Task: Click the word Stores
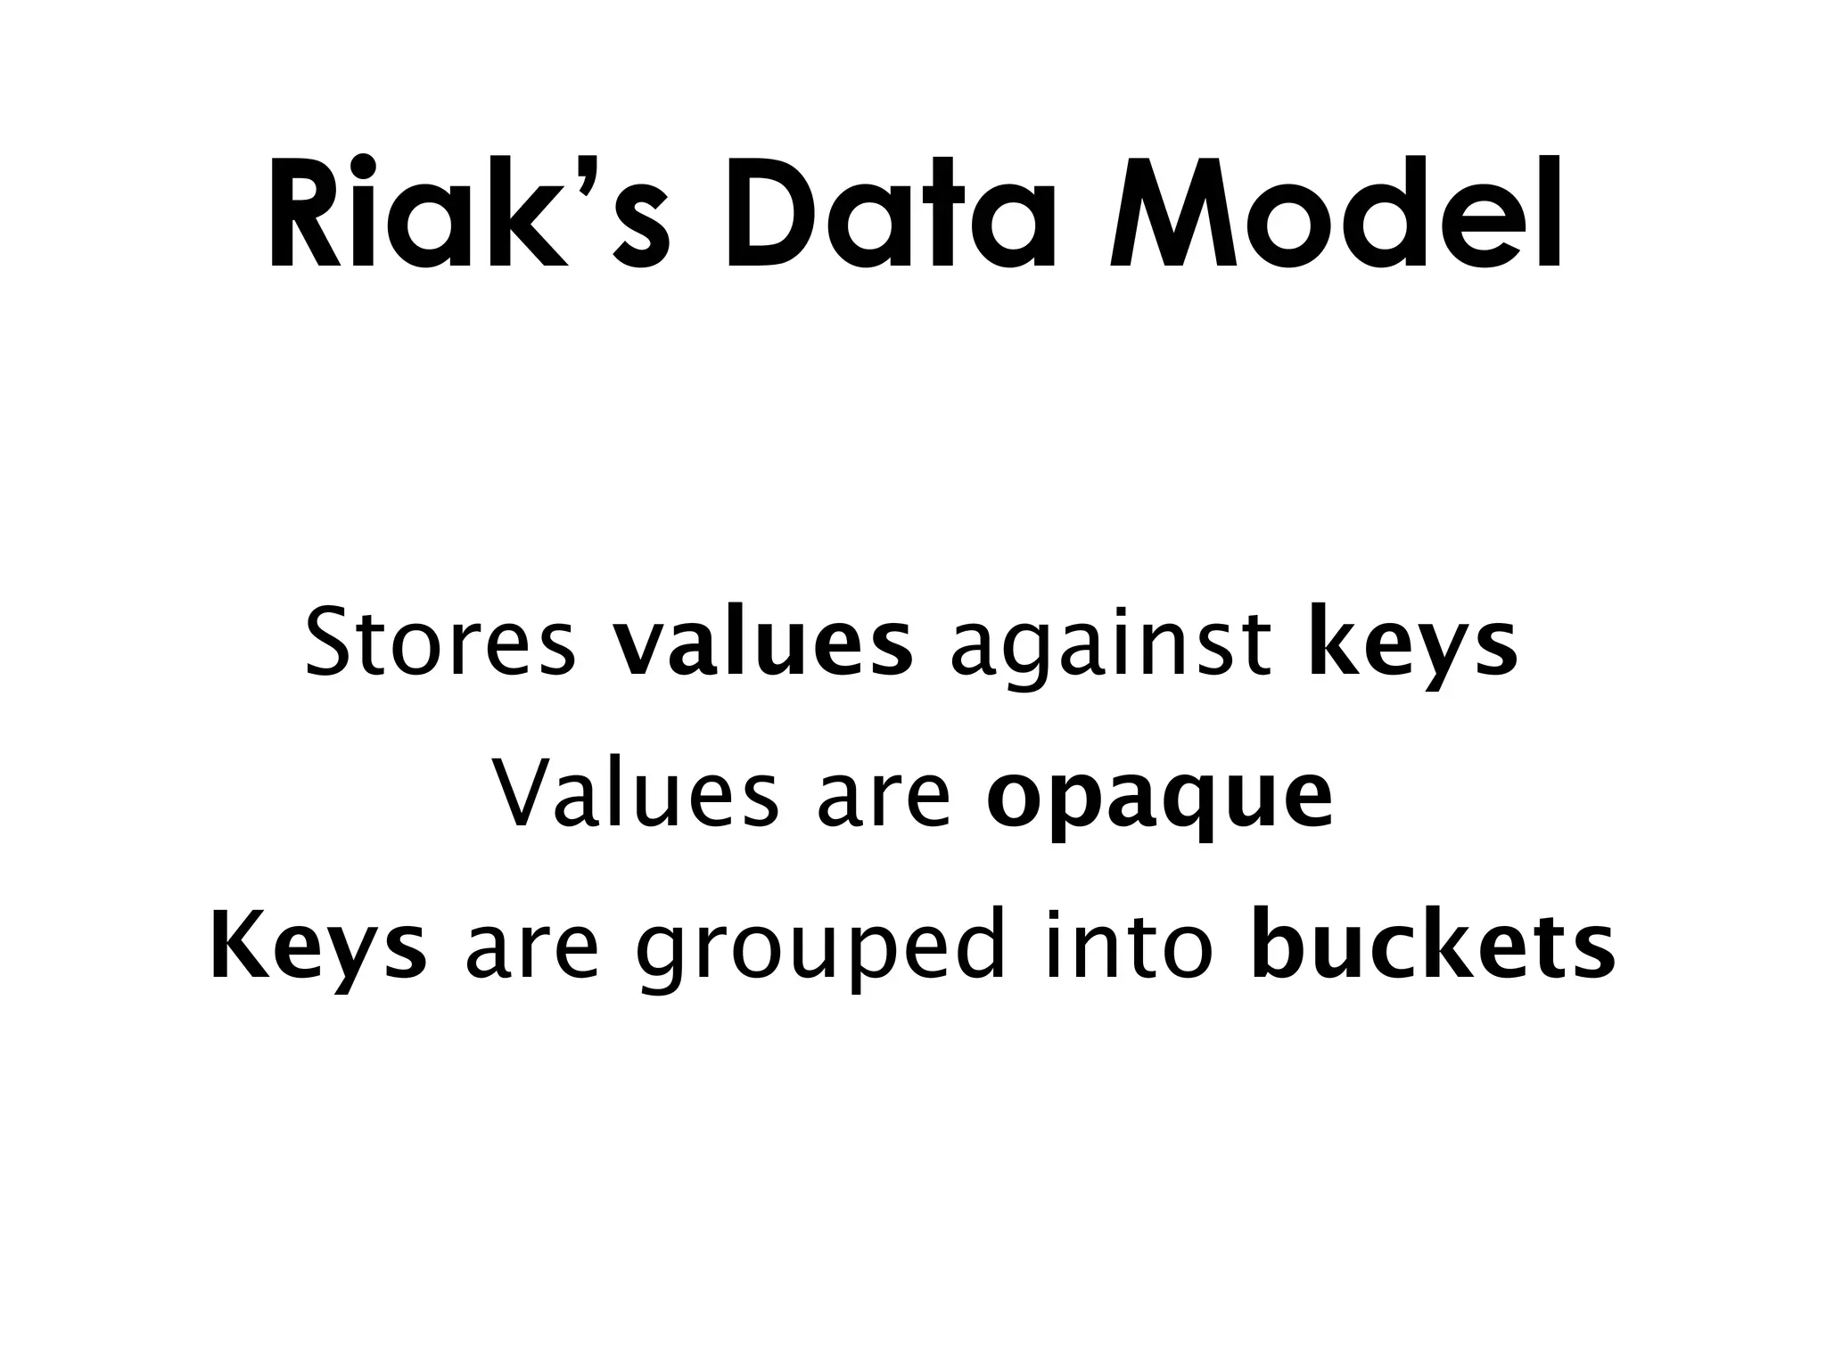point(440,642)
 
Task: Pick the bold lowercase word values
point(762,642)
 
